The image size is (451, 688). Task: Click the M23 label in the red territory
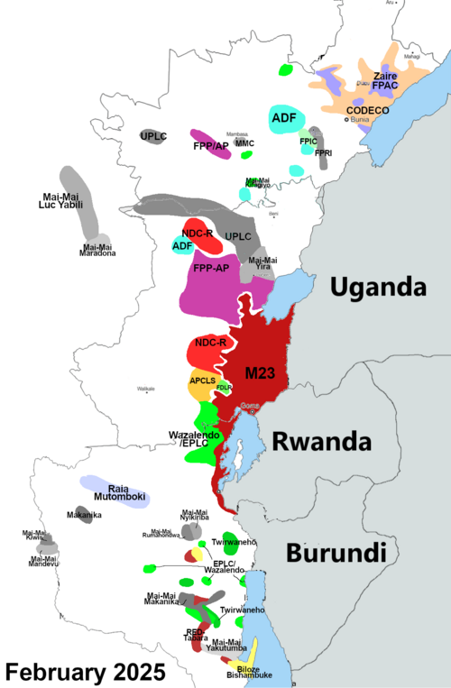click(262, 372)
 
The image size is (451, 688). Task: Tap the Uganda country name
click(377, 287)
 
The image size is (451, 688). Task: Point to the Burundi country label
click(330, 552)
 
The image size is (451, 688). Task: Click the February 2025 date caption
click(86, 672)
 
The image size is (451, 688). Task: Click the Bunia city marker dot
click(347, 118)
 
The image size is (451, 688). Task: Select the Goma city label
click(251, 407)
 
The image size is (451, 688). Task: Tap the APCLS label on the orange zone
click(202, 381)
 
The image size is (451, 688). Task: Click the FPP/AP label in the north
click(210, 145)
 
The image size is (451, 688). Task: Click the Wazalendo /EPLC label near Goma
click(191, 440)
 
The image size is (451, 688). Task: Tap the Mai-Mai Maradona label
click(98, 250)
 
